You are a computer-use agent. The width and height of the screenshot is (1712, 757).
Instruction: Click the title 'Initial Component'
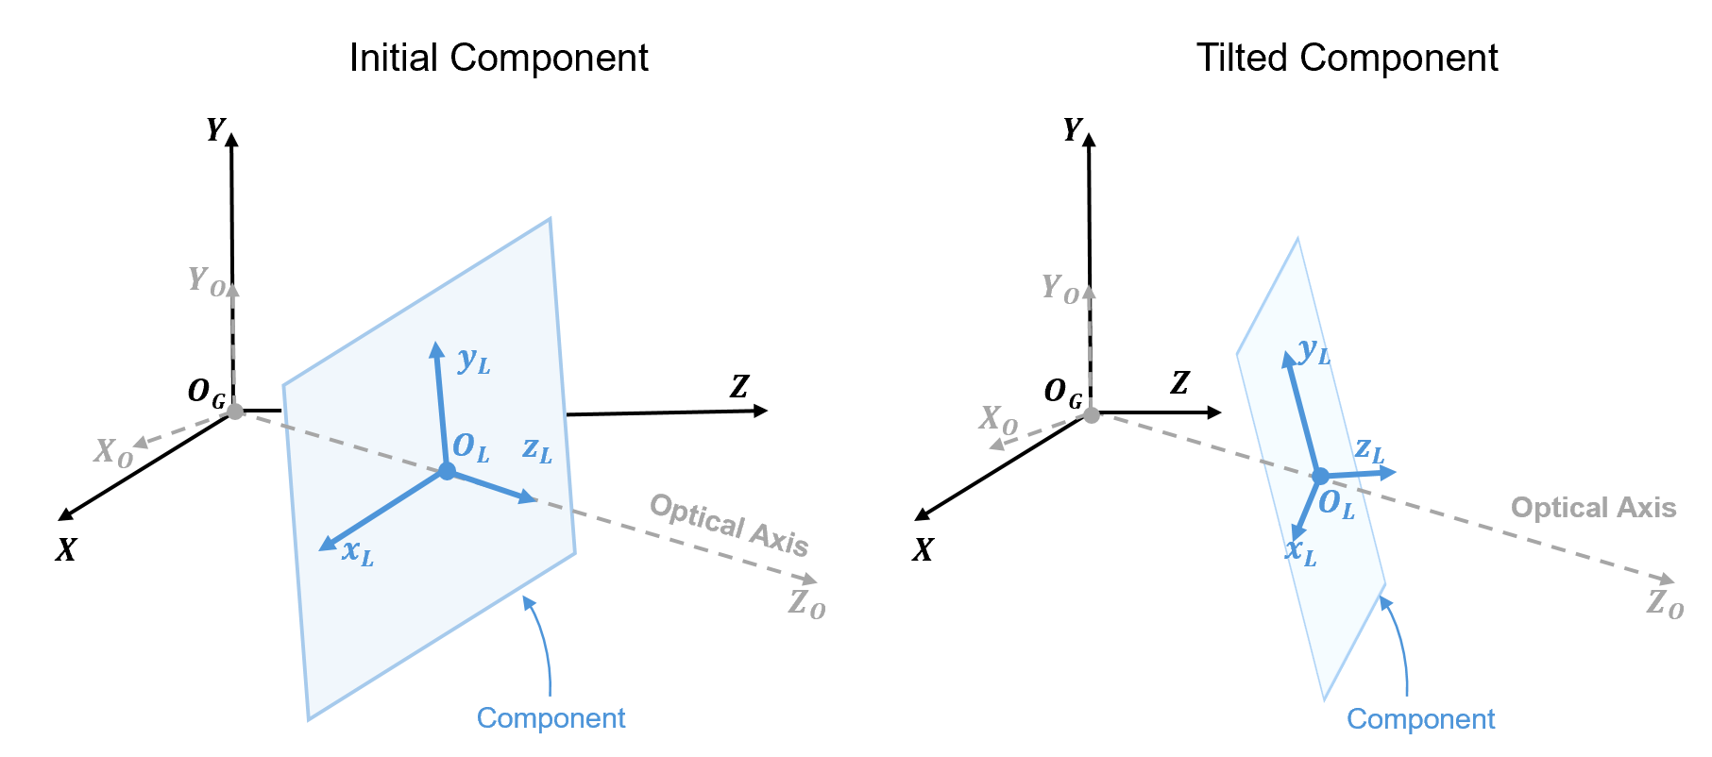click(499, 59)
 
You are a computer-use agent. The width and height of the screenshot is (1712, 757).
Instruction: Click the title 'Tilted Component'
click(1347, 59)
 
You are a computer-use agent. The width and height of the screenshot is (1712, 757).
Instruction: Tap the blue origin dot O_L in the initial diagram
click(447, 471)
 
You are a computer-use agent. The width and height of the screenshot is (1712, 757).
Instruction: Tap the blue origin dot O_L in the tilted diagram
click(1320, 477)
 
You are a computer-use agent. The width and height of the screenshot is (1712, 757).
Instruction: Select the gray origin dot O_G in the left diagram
click(235, 412)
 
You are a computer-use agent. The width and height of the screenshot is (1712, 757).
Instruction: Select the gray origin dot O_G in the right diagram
click(1092, 414)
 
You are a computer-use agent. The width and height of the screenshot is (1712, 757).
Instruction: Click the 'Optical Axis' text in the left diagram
click(729, 525)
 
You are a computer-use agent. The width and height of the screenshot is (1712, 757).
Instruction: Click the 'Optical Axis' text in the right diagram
click(1593, 508)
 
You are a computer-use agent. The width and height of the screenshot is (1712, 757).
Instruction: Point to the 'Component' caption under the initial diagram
click(551, 718)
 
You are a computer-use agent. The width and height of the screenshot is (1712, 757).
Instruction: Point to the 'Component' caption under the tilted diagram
click(1420, 719)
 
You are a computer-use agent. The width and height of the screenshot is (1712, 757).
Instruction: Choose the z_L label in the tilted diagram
click(1369, 449)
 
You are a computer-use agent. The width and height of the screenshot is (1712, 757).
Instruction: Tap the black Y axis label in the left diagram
click(217, 129)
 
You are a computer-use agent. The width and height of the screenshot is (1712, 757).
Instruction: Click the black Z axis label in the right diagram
click(1179, 382)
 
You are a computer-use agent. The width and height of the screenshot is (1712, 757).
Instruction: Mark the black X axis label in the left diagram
click(65, 550)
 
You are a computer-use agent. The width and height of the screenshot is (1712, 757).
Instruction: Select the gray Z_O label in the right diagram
click(1665, 603)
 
